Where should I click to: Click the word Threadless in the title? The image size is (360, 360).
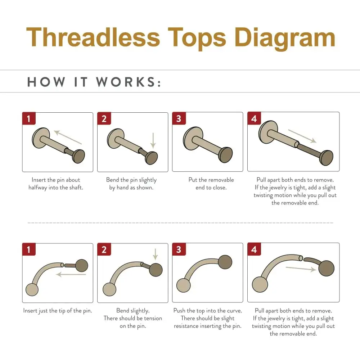[x=93, y=37]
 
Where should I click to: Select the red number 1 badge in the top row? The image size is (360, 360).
[x=29, y=118]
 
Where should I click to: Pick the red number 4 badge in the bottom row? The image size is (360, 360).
[x=254, y=249]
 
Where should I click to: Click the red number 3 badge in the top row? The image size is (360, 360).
[x=179, y=118]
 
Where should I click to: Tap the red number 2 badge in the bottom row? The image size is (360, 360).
[x=104, y=249]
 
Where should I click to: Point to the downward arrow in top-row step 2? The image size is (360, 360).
[x=153, y=140]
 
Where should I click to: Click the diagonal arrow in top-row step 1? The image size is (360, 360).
[x=68, y=137]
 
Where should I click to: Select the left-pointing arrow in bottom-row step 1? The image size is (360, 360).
[x=71, y=274]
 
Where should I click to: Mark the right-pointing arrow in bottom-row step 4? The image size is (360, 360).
[x=301, y=269]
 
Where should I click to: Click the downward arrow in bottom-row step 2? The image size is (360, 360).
[x=156, y=255]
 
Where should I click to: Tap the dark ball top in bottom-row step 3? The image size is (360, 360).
[x=225, y=262]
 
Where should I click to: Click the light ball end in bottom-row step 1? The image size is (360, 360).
[x=32, y=289]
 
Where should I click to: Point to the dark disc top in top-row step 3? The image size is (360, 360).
[x=226, y=155]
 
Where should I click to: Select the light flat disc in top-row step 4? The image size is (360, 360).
[x=266, y=132]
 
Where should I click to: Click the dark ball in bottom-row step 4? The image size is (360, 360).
[x=326, y=268]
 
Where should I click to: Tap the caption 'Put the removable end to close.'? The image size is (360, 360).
[x=211, y=184]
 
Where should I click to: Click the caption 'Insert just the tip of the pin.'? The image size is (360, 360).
[x=58, y=311]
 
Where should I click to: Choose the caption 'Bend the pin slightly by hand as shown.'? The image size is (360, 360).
[x=131, y=184]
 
